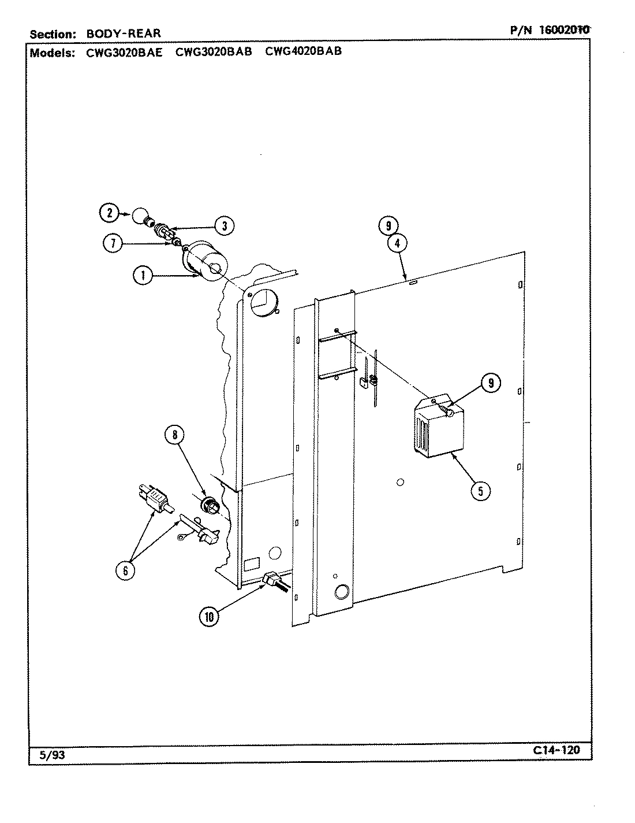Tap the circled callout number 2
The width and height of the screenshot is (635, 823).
(108, 213)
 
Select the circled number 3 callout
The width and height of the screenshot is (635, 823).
(223, 225)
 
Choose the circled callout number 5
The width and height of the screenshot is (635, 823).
(480, 490)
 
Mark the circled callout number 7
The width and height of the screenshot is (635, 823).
(113, 243)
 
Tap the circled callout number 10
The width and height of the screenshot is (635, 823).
(210, 617)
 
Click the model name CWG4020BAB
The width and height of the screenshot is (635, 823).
(303, 51)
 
